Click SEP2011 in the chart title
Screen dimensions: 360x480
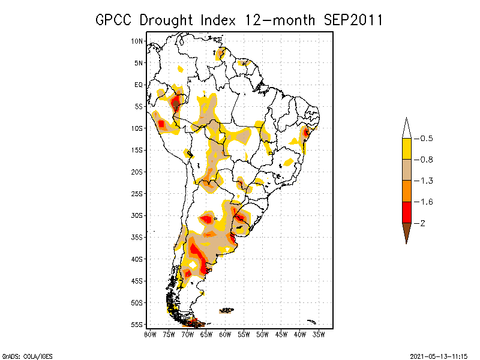(x=347, y=20)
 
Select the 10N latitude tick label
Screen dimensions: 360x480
(x=137, y=41)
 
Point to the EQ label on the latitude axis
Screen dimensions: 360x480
(x=139, y=85)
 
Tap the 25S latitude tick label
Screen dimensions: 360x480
(x=137, y=193)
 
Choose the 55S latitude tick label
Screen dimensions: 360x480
(x=137, y=324)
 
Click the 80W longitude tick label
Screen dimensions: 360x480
(x=150, y=334)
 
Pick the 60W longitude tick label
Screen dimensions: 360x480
(x=225, y=334)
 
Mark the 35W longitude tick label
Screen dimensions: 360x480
(x=319, y=334)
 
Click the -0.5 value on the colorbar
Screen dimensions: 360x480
(x=426, y=139)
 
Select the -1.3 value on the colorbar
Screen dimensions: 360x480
(x=426, y=181)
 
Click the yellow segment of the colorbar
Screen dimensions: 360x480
(x=406, y=149)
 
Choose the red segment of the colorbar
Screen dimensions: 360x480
(x=406, y=212)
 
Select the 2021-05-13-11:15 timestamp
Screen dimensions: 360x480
(x=438, y=356)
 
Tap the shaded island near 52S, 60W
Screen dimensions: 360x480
(x=226, y=310)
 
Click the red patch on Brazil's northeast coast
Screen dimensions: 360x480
(x=306, y=132)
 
